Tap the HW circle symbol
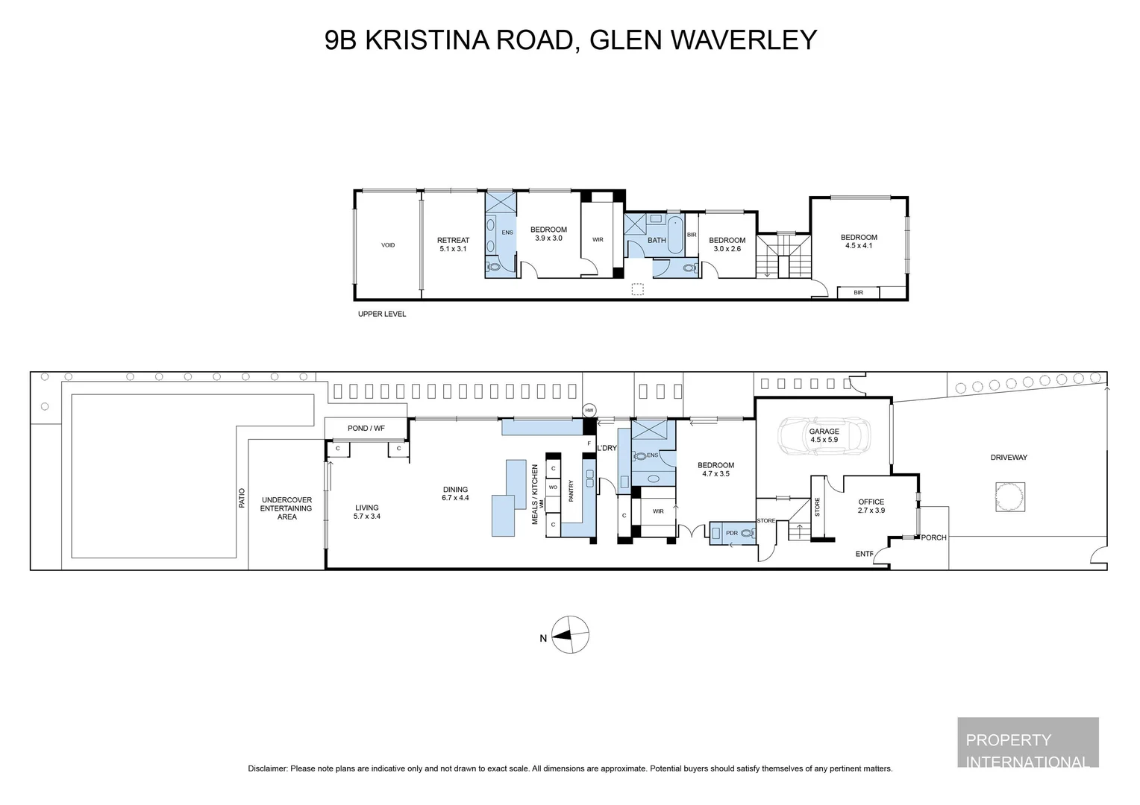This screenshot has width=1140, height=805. tap(589, 410)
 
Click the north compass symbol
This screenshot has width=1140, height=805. tap(570, 636)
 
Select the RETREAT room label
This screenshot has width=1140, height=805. tap(453, 244)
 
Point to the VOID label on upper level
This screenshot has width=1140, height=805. tap(388, 245)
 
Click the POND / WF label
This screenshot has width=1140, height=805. tap(366, 428)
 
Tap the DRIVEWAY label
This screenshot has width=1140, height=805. tap(1009, 458)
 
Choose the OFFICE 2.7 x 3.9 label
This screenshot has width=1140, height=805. tap(871, 506)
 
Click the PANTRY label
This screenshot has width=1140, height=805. tap(571, 491)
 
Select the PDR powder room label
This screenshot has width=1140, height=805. tap(731, 533)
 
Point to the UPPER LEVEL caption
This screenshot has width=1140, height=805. tap(382, 315)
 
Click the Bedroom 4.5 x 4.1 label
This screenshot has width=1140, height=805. tap(859, 241)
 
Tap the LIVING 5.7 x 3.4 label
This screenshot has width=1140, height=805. tap(367, 512)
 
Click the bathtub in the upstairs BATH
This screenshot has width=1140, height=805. tap(676, 236)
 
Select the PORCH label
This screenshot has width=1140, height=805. tap(933, 537)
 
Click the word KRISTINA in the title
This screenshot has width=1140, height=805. tap(427, 40)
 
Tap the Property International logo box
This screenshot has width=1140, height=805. tap(1027, 742)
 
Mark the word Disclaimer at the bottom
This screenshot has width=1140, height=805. tap(267, 768)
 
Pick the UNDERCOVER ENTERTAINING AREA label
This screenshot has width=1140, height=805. tap(286, 508)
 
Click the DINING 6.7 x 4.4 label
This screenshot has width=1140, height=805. tap(455, 493)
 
